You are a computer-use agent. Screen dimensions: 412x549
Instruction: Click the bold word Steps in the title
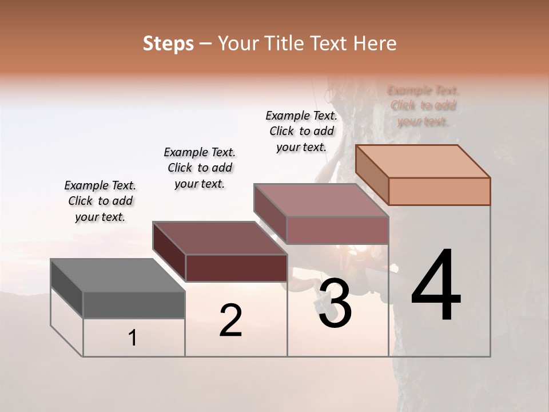point(168,43)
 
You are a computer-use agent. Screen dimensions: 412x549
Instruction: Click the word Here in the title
point(375,43)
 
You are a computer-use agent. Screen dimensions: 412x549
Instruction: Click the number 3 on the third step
point(335,303)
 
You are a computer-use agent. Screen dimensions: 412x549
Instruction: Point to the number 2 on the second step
point(230,320)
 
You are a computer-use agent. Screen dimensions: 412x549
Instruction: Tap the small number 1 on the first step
point(133,338)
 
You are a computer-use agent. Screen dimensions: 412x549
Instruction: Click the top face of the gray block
point(118,275)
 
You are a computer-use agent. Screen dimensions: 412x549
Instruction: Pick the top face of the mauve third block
point(320,200)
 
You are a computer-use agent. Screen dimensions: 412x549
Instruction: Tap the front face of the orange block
point(439,191)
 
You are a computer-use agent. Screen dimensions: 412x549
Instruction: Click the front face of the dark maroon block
point(236,268)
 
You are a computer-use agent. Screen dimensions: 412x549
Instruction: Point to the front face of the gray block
point(134,305)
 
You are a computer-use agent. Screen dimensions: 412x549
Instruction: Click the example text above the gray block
point(100,201)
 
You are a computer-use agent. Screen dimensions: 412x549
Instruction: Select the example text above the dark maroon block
point(200,168)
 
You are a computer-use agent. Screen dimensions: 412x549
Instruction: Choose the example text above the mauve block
point(301,131)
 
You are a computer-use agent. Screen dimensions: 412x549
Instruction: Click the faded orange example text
point(423,106)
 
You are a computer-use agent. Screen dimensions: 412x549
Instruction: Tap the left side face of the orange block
point(372,174)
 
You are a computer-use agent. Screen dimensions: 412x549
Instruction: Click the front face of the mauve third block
point(337,230)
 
